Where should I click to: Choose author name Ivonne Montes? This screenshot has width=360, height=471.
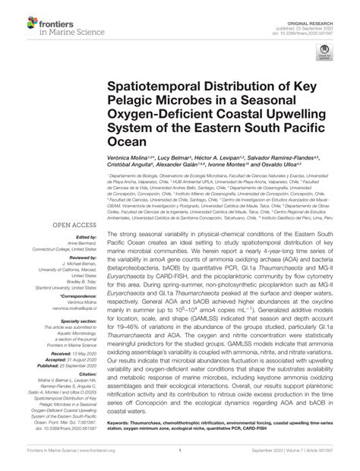pos(222,163)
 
